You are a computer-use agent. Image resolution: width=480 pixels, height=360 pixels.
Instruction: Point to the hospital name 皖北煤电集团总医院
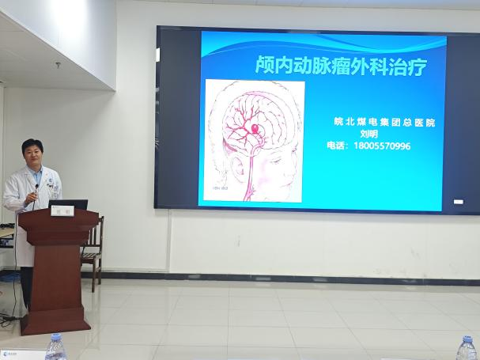(385, 123)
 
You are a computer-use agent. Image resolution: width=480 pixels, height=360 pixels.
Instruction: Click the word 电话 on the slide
(338, 146)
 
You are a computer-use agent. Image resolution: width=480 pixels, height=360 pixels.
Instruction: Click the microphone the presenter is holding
(36, 190)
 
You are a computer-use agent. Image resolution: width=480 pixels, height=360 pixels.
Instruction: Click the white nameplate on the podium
(60, 210)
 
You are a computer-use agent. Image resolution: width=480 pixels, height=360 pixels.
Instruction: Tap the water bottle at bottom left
(55, 348)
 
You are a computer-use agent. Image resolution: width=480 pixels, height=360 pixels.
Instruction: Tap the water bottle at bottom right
(467, 349)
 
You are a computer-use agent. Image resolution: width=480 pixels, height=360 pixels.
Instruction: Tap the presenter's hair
(32, 143)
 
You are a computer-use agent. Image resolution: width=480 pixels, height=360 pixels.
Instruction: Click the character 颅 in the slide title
(265, 66)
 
